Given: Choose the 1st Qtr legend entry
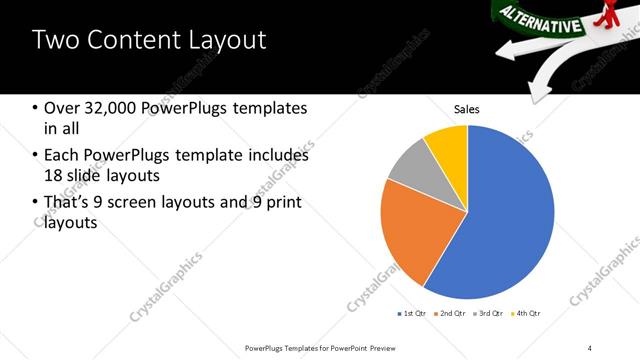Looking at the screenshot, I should point(414,313).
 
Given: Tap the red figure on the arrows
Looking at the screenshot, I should point(625,14).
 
